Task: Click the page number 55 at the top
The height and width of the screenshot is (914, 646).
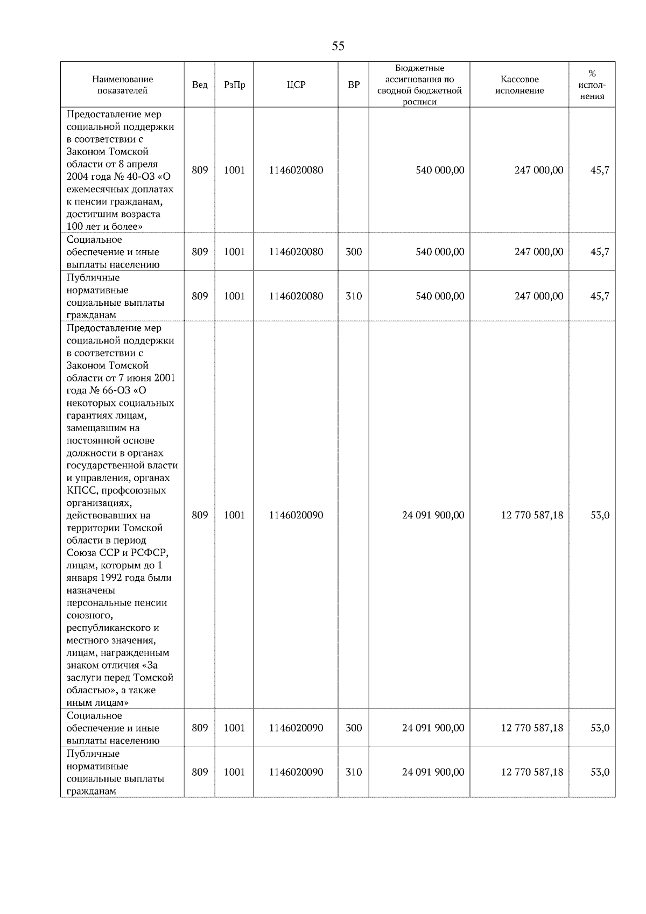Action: coord(338,46)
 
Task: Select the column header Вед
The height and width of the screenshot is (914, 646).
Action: coord(200,85)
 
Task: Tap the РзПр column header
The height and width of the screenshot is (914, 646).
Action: coord(234,85)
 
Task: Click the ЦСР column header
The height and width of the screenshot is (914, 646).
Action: coord(296,85)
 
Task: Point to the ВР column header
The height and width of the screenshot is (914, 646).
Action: coord(354,85)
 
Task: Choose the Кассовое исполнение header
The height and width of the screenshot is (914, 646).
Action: coord(519,85)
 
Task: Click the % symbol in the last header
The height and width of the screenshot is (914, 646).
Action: coord(592,74)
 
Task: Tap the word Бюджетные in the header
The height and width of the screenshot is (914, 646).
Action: coord(419,68)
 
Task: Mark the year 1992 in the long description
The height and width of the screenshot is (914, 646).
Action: coord(114,578)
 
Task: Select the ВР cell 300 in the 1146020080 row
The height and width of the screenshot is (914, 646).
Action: coord(354,252)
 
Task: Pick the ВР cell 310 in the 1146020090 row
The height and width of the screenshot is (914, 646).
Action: coord(354,772)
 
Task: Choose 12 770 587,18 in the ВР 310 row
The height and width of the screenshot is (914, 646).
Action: coord(532,772)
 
